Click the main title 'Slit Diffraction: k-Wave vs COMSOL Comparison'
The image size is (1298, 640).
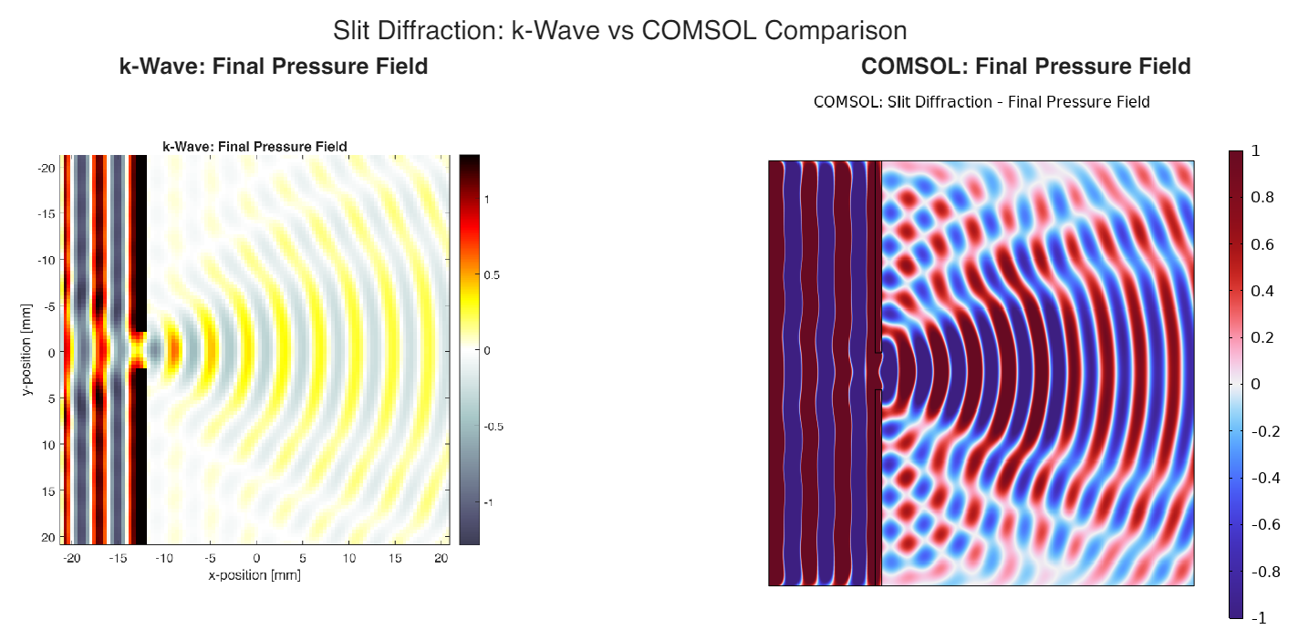point(619,30)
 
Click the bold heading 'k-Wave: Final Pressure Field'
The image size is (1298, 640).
point(274,67)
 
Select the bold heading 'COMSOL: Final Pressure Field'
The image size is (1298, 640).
point(1025,67)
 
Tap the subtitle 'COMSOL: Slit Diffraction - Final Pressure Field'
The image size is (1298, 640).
point(981,102)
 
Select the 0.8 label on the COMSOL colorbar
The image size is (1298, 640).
point(1262,197)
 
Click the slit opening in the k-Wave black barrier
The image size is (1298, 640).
point(139,349)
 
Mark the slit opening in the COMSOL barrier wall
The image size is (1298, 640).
point(878,370)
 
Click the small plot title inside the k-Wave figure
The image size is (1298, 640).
point(254,146)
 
